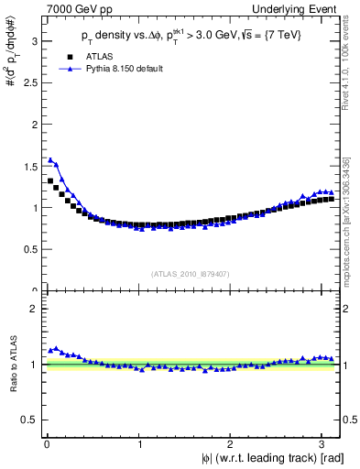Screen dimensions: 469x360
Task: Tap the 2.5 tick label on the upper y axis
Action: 29,83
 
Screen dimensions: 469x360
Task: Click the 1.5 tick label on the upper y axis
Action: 29,166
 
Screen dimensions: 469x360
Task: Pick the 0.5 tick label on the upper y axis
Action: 29,249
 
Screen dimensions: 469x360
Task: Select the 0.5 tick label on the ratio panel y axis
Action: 29,420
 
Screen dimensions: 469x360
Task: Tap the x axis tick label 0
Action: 46,444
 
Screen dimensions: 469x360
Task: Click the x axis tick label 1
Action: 139,444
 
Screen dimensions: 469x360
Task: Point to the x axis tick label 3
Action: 325,444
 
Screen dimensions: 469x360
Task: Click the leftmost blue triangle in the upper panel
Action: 50,159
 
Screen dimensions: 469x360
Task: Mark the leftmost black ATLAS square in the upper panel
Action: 50,180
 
